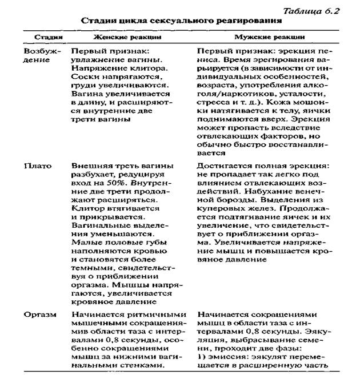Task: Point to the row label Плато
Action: coord(37,166)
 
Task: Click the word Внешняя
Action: coord(90,166)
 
